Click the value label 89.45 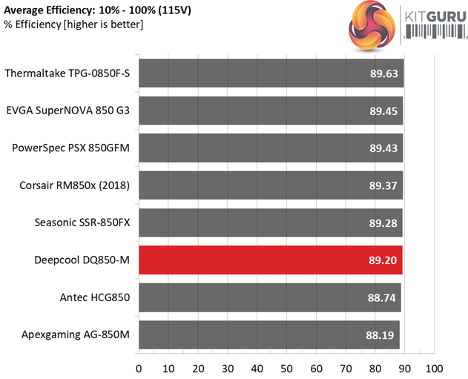pos(383,111)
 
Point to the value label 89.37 pos(383,185)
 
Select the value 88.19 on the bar pos(380,335)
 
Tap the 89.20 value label pos(383,260)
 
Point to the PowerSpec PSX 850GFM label pos(71,148)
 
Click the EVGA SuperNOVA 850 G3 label pos(68,111)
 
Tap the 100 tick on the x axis pos(435,368)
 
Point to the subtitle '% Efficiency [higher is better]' pos(74,25)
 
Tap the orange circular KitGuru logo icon pos(374,27)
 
